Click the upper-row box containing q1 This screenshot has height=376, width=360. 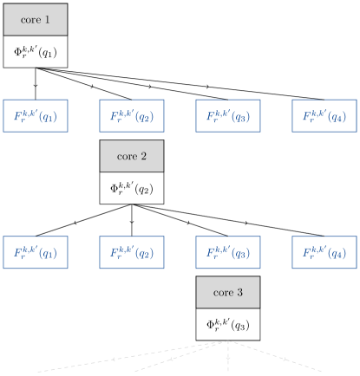(35, 116)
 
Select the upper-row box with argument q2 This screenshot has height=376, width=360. (131, 116)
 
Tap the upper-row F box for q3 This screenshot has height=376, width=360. (227, 116)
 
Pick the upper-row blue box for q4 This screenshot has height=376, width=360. (324, 116)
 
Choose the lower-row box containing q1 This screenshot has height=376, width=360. (35, 253)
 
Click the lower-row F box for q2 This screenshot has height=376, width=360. (131, 253)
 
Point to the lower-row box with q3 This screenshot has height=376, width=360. (227, 253)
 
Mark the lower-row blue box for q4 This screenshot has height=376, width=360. (324, 253)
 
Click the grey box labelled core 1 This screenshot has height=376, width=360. (35, 19)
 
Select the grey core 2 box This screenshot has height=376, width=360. (131, 156)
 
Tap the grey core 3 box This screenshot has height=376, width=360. (227, 293)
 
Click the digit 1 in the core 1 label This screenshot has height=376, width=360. (47, 19)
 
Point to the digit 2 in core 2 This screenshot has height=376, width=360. (143, 156)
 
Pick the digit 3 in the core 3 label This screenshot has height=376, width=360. (239, 293)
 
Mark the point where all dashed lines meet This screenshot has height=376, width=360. (228, 341)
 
